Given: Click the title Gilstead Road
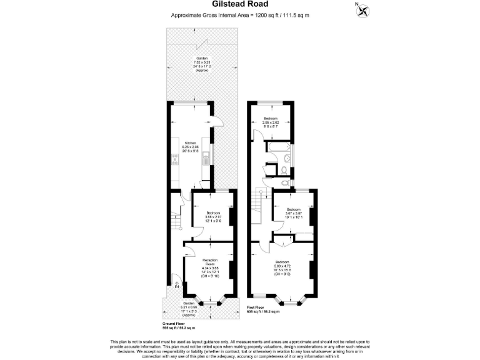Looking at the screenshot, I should pyautogui.click(x=239, y=5).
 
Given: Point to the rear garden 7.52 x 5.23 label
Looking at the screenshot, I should pyautogui.click(x=201, y=64).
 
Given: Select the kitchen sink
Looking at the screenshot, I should pyautogui.click(x=206, y=161).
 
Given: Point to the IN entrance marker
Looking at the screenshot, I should pyautogui.click(x=176, y=286).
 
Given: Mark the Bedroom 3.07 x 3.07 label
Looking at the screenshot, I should pyautogui.click(x=294, y=212).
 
